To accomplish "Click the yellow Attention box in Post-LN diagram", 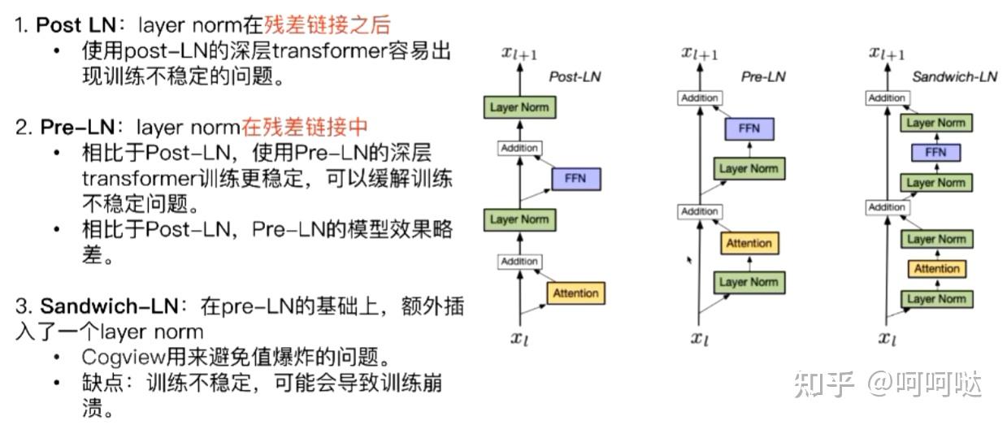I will point(575,293).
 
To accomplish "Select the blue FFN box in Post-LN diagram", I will point(575,178).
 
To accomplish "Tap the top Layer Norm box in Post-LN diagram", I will point(519,107).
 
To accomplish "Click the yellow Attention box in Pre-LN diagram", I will point(749,243).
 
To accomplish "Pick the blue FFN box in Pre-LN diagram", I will point(749,129).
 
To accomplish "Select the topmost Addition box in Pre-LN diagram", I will point(699,98).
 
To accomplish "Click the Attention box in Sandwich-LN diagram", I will point(936,269).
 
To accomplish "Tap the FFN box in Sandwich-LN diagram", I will point(935,153).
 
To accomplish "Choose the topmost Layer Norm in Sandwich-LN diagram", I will point(936,123).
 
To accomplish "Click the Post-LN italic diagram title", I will point(575,77).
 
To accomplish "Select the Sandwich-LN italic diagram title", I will point(954,77).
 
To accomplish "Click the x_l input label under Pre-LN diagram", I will point(700,338).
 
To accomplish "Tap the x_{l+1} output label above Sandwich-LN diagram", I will point(887,54).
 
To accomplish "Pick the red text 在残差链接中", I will point(305,127).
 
